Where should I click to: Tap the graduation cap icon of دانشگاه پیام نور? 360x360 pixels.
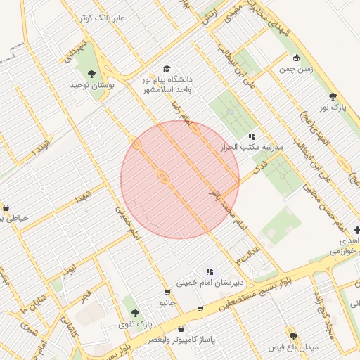(167, 68)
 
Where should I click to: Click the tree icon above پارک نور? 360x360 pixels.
(333, 96)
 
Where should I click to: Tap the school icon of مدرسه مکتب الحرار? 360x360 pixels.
(252, 136)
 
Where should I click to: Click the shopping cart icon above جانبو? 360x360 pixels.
(167, 292)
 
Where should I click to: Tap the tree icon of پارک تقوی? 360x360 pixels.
(135, 313)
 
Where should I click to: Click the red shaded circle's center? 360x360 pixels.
(180, 180)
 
